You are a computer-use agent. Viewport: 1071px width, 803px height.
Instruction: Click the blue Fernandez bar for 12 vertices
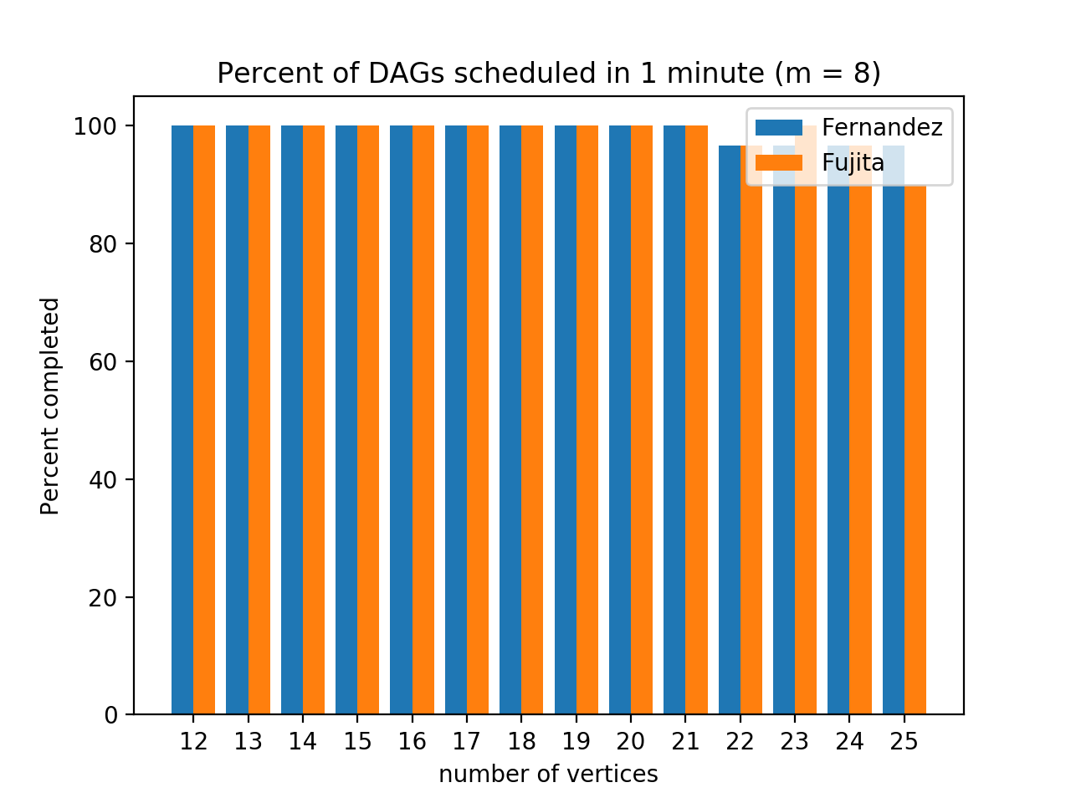point(182,418)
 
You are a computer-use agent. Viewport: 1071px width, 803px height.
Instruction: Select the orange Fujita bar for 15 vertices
point(368,418)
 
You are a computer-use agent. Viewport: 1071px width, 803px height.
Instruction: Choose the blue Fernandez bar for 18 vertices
point(510,418)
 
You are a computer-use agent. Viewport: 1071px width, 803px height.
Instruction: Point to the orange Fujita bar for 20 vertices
point(642,418)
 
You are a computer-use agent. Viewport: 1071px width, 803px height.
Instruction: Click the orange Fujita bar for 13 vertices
point(259,418)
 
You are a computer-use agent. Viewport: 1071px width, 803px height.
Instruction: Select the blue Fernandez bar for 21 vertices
point(674,418)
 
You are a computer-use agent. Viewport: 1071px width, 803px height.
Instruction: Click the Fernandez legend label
point(882,127)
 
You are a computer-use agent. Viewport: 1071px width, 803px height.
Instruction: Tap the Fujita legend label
point(853,162)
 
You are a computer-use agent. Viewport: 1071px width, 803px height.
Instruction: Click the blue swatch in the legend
point(778,127)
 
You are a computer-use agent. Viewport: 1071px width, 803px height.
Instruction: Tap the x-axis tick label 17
point(467,742)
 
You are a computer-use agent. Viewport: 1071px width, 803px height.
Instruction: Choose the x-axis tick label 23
point(795,742)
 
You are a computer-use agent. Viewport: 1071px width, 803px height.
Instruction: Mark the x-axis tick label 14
point(303,742)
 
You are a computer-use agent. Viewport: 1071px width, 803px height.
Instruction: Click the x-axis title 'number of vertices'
point(548,775)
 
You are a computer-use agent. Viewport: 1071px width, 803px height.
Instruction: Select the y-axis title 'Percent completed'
point(51,406)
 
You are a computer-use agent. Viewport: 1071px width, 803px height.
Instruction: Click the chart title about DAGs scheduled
point(548,74)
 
